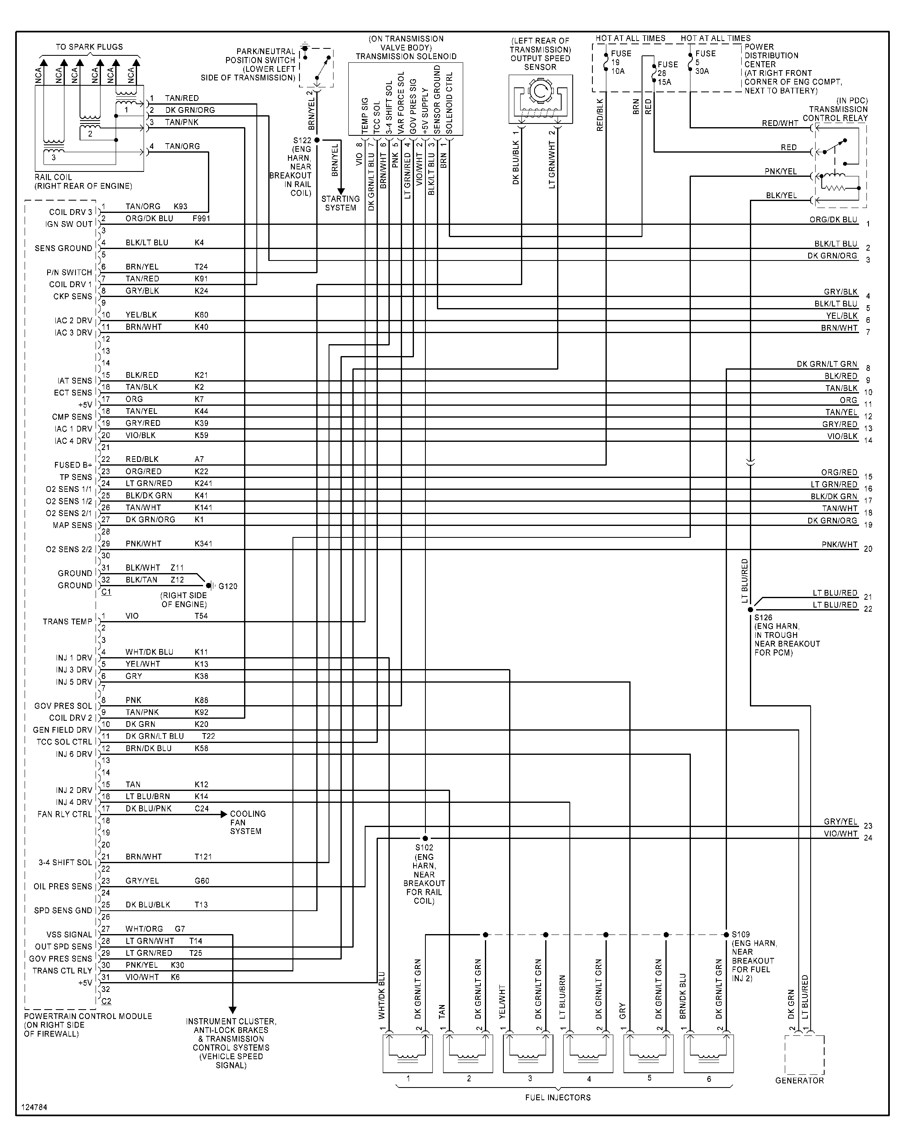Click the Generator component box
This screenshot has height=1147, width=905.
(804, 1056)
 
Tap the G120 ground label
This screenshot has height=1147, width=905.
(228, 586)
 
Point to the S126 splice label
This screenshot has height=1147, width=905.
(763, 617)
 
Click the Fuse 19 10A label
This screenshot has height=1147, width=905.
(620, 62)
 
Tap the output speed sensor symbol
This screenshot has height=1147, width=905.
(540, 99)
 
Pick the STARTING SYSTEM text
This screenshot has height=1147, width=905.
(340, 203)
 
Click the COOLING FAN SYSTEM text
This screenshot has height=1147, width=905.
(247, 822)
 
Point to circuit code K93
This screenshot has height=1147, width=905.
(180, 207)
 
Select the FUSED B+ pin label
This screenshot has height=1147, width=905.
(73, 465)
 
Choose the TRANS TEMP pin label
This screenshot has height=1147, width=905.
(67, 621)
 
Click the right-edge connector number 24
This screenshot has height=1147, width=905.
(868, 838)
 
